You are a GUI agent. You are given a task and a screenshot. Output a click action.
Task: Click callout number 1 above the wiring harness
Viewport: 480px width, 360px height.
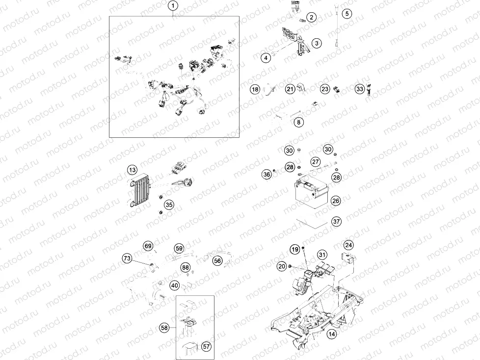tap(173, 6)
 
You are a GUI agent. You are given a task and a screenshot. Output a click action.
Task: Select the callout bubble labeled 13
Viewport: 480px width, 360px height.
tap(132, 170)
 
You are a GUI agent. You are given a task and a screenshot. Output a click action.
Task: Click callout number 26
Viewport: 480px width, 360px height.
tap(336, 201)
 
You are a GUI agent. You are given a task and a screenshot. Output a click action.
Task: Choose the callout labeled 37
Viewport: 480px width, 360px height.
tap(336, 222)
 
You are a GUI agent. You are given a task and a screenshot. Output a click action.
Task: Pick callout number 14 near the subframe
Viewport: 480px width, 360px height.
tap(332, 334)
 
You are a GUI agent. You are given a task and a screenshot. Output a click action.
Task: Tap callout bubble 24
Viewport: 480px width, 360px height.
tap(348, 244)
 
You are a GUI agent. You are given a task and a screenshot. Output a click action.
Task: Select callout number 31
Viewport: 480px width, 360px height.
tap(321, 255)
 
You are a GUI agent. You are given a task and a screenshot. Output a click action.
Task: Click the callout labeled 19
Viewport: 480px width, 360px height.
tap(294, 250)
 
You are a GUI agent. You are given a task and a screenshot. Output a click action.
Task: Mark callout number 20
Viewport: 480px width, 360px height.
tap(281, 266)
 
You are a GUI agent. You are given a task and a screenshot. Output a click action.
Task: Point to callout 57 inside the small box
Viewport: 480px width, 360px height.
tap(206, 346)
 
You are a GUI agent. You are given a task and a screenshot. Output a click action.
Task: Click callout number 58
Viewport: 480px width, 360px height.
tap(164, 327)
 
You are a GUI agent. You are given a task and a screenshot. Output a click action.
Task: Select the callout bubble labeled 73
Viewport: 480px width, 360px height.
tap(127, 258)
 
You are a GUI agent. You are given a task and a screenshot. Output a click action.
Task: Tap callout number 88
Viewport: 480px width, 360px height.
tap(185, 267)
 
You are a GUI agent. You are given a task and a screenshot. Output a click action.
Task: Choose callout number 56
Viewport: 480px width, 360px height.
tap(217, 261)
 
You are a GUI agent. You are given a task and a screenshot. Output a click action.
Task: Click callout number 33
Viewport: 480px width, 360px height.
tap(360, 89)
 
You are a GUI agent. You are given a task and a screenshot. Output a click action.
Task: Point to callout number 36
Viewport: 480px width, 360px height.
tap(267, 174)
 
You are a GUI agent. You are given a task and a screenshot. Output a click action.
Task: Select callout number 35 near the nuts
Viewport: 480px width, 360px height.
tap(168, 205)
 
